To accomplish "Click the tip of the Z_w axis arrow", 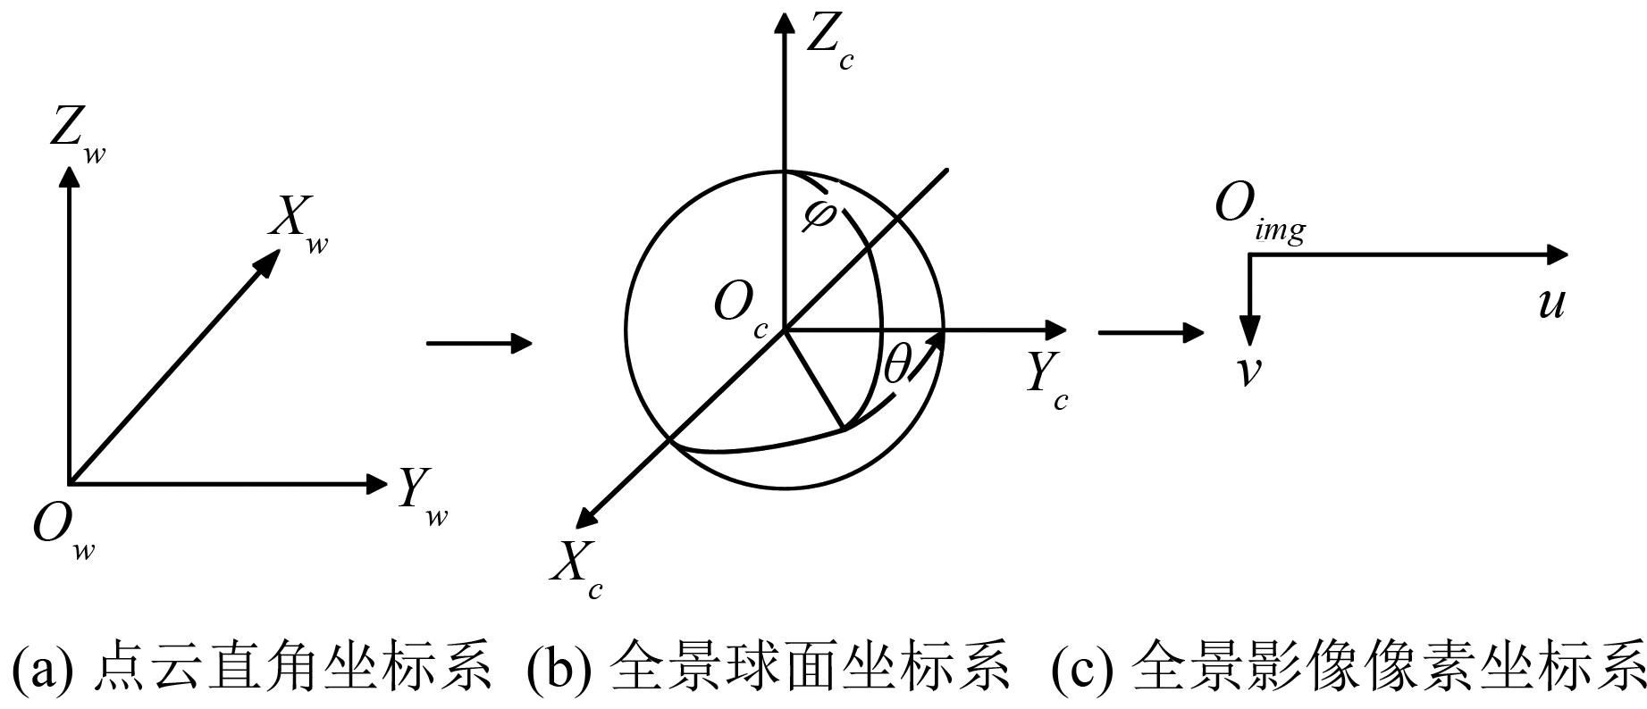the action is click(69, 166).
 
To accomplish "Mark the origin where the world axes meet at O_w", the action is click(70, 484).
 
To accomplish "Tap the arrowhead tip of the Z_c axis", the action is click(784, 13).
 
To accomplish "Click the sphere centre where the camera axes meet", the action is click(784, 330).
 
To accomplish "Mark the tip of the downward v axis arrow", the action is click(1250, 346).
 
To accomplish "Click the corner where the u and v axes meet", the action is click(1250, 255).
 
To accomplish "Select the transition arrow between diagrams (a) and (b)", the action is click(479, 343).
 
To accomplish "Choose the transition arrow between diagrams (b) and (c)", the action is click(1151, 333).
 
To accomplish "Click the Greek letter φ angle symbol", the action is click(819, 214).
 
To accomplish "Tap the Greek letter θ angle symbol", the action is click(896, 366).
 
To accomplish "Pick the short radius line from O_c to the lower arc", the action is click(813, 380).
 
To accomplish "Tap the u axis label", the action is click(1552, 304).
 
